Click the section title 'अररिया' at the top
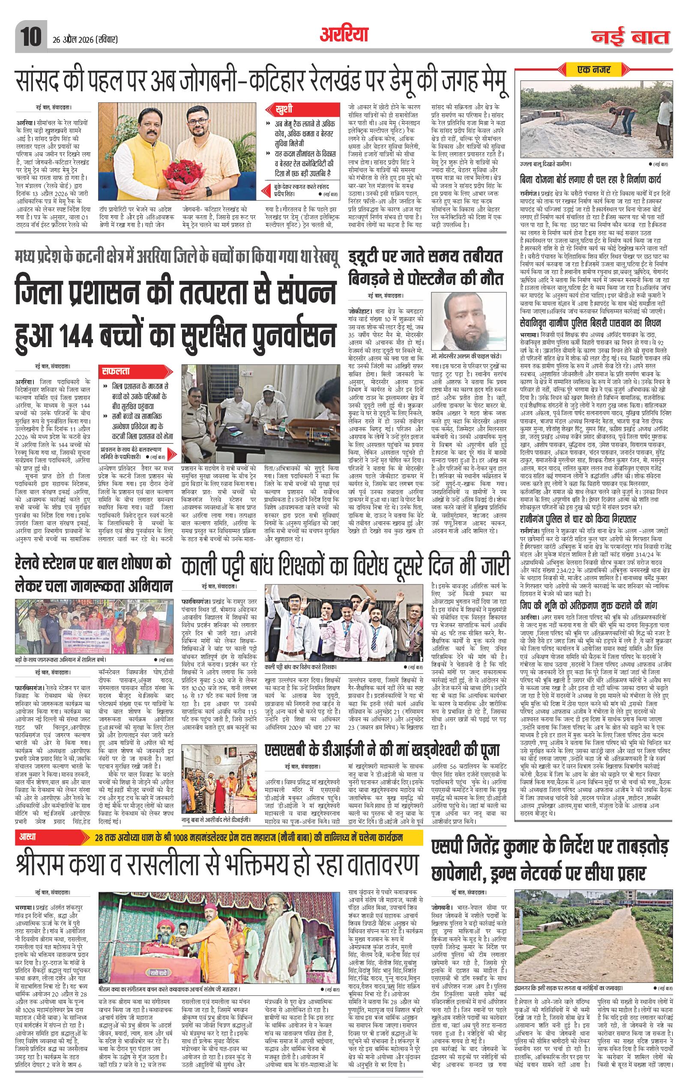click(x=344, y=34)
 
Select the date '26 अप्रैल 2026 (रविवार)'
click(x=83, y=40)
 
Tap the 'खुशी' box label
click(x=284, y=109)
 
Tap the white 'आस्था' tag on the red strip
click(x=27, y=836)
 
